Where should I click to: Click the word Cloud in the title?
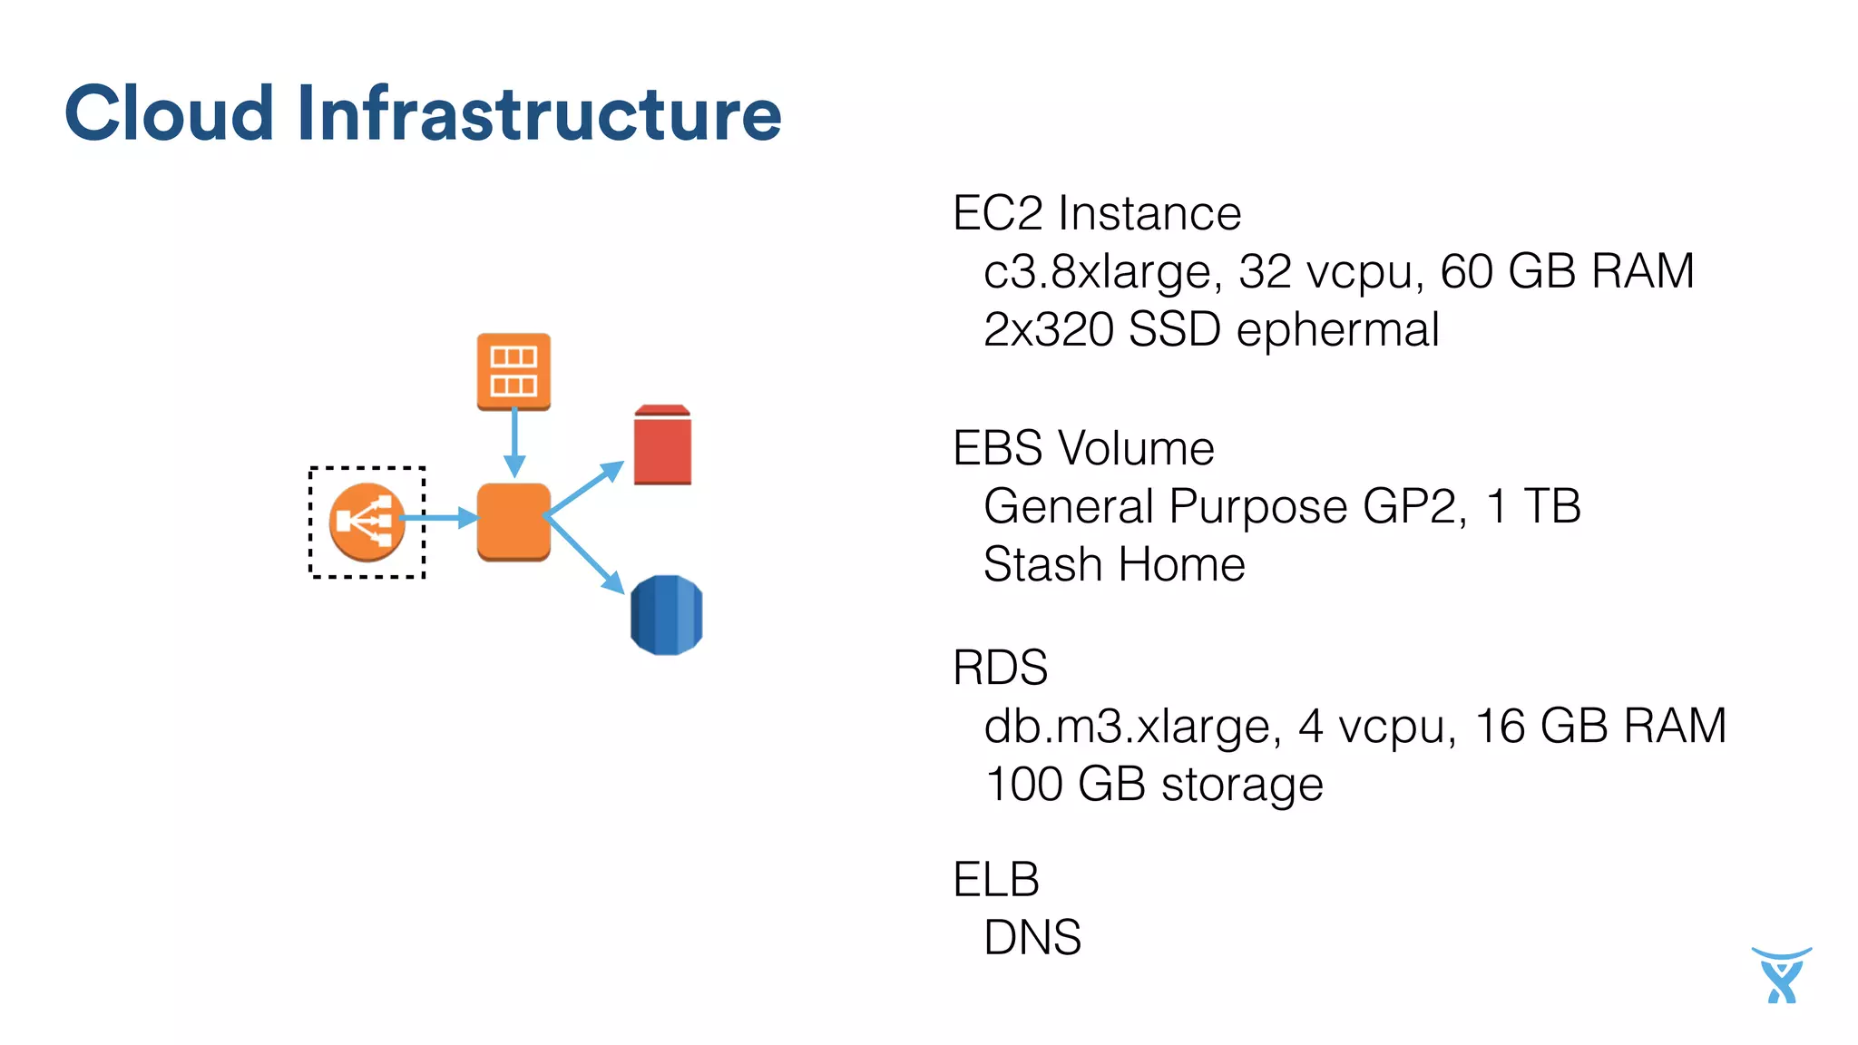click(169, 113)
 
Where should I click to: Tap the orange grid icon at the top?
click(513, 371)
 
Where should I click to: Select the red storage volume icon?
click(662, 445)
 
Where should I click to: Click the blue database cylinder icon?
click(666, 615)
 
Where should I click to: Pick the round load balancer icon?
click(367, 522)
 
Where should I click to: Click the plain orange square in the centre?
click(513, 522)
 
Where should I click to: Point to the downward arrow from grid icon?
click(514, 443)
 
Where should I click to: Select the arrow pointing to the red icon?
click(586, 489)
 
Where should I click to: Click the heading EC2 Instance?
click(1096, 214)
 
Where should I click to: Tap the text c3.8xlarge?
click(1096, 272)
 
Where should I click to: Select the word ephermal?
click(1337, 330)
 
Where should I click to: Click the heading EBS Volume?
click(1083, 448)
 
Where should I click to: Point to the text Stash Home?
click(1114, 564)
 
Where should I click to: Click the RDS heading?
click(1000, 668)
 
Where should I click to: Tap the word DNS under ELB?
click(1032, 937)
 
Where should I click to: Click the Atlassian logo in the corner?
click(1781, 975)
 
